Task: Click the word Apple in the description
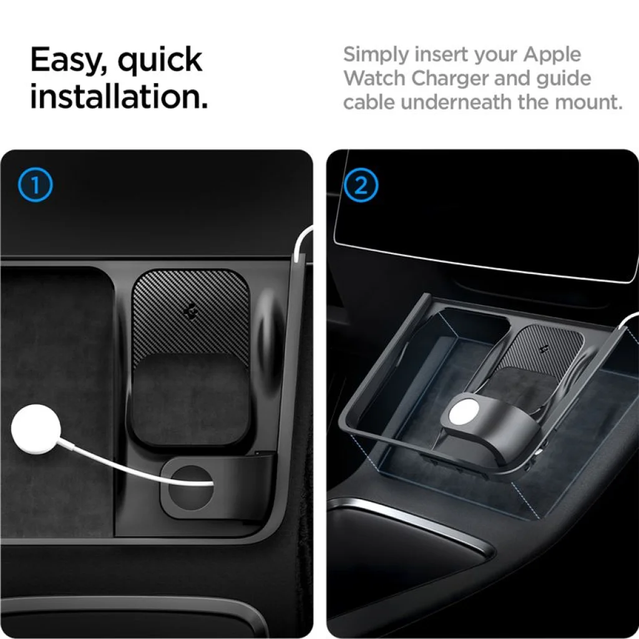tap(552, 56)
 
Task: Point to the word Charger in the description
tap(449, 79)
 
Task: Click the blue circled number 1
tap(36, 185)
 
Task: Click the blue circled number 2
tap(361, 185)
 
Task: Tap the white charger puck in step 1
tap(36, 429)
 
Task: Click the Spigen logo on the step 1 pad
tap(190, 311)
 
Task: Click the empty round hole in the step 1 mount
tap(190, 487)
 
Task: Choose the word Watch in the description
tap(374, 78)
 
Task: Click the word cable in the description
tap(369, 102)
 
